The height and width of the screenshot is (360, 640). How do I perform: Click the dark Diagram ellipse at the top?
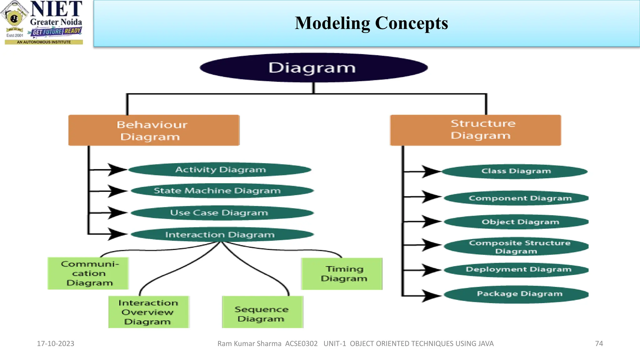(x=313, y=68)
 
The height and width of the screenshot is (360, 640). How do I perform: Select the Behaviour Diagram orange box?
(x=154, y=130)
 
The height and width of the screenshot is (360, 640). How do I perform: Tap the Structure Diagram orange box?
(x=475, y=130)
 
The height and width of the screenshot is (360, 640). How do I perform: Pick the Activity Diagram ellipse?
(x=220, y=170)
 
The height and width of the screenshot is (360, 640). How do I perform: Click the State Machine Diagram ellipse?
(x=222, y=191)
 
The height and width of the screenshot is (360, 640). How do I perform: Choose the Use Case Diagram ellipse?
(x=222, y=213)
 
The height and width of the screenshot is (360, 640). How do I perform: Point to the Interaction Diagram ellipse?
(x=222, y=235)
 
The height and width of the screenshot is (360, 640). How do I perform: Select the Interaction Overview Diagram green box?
(x=149, y=312)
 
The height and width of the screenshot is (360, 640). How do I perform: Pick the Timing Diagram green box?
(x=342, y=274)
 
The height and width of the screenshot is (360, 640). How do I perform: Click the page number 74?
(x=599, y=343)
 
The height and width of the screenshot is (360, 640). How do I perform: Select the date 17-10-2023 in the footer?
(x=56, y=343)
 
